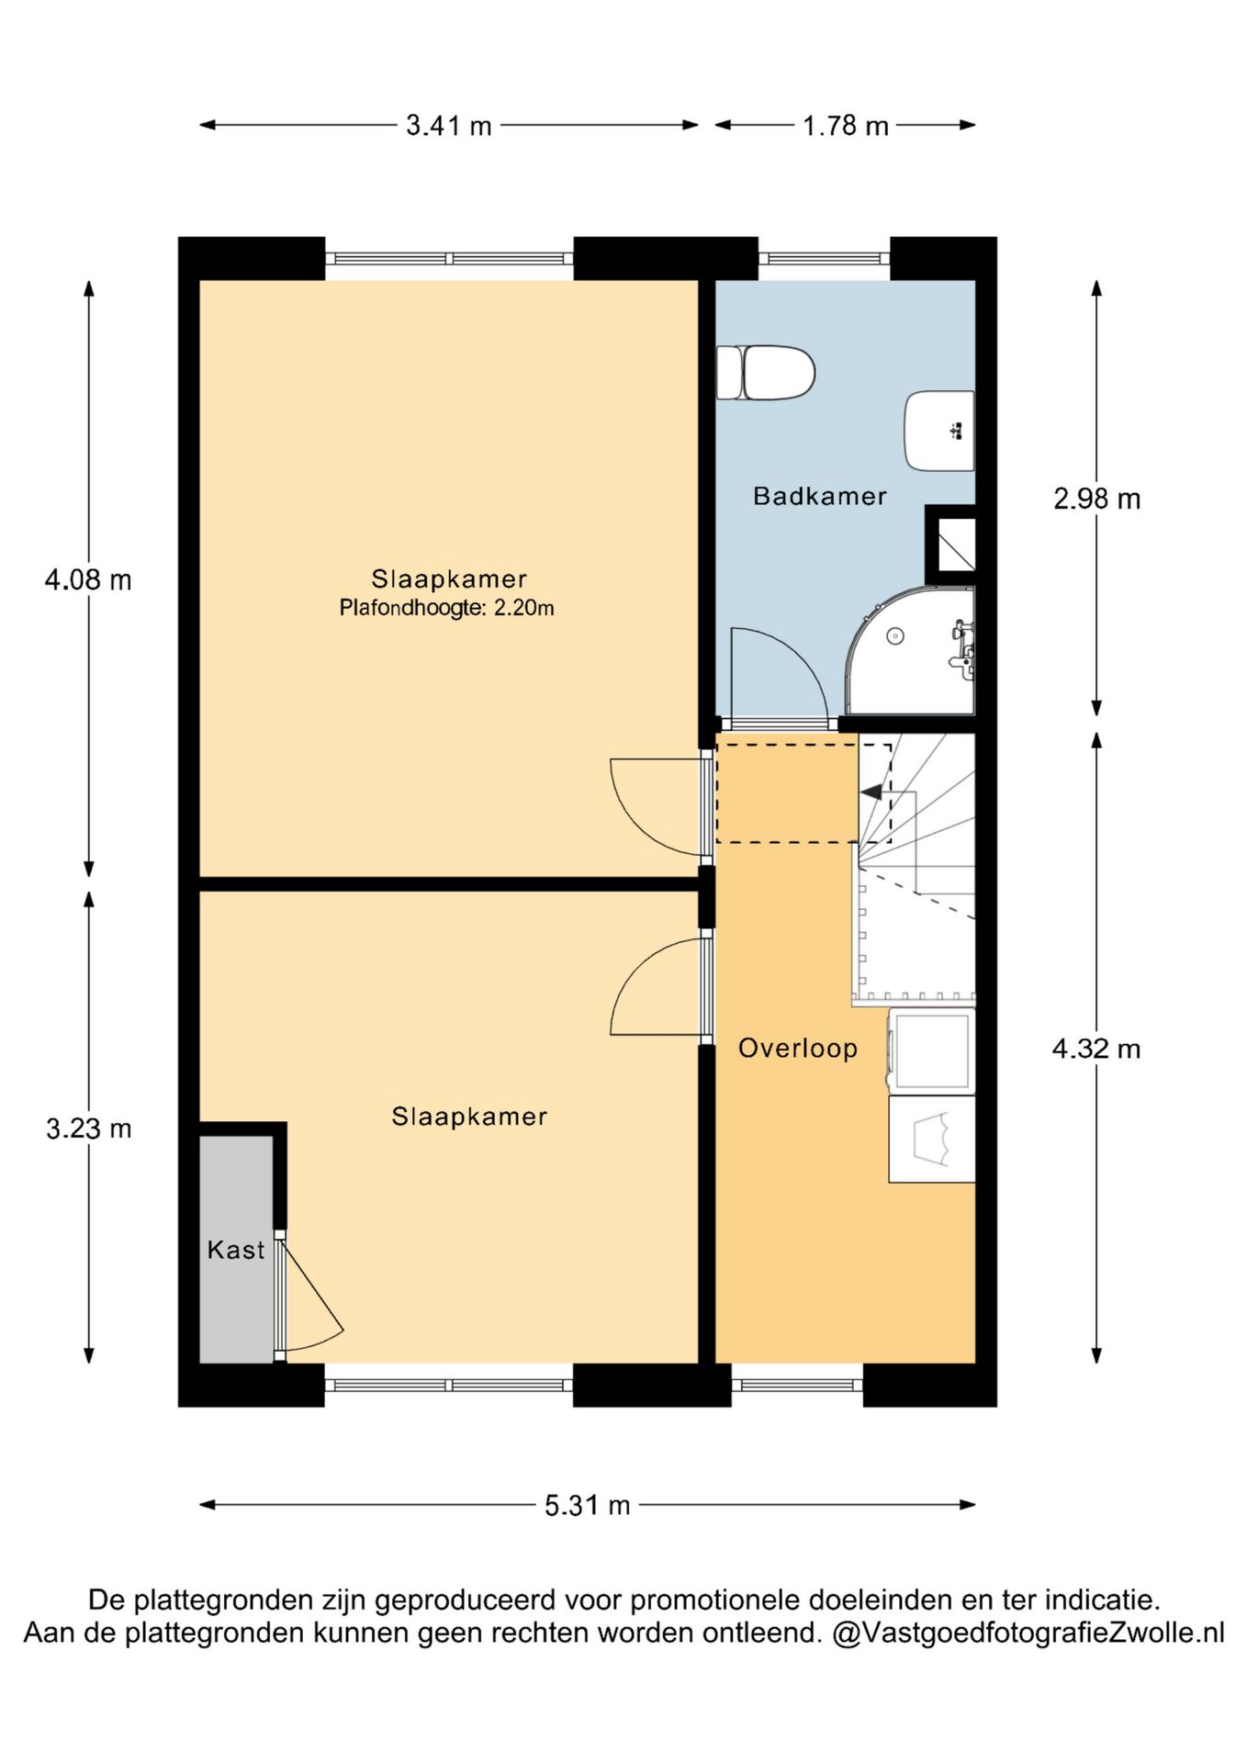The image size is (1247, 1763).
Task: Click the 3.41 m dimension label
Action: click(449, 126)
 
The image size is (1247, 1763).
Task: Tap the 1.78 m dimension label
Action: click(846, 126)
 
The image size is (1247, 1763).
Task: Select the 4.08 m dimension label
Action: click(88, 580)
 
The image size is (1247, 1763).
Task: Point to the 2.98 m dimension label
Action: click(1096, 500)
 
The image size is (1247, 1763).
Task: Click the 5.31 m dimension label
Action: click(588, 1505)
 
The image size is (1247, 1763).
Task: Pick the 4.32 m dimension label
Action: click(1096, 1049)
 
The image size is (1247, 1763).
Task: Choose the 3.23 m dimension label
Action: click(89, 1129)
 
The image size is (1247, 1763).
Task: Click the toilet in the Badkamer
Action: click(766, 373)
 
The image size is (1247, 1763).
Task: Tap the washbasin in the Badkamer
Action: click(939, 431)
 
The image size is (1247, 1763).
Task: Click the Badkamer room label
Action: click(820, 497)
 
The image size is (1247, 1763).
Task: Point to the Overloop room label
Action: click(798, 1049)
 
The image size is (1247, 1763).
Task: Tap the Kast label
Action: click(236, 1250)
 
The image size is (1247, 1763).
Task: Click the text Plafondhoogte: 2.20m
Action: click(447, 608)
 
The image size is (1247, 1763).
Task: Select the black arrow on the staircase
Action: click(871, 792)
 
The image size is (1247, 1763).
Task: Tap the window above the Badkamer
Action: click(824, 259)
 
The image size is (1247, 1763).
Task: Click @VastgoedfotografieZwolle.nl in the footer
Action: click(1028, 1634)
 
